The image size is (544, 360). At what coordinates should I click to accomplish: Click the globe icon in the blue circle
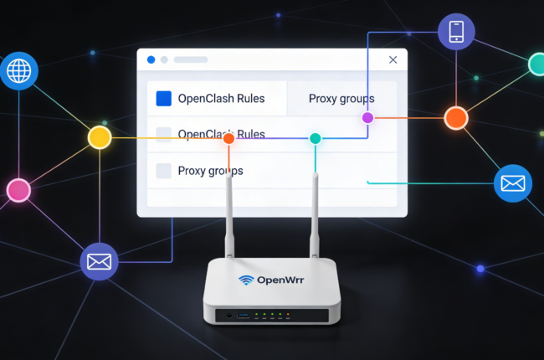(x=18, y=71)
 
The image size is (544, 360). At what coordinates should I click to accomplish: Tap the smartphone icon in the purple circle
(x=456, y=33)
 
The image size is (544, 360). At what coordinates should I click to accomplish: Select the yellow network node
(x=100, y=137)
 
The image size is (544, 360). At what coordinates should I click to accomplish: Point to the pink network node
(x=18, y=191)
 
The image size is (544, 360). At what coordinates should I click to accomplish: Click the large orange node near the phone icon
(x=455, y=117)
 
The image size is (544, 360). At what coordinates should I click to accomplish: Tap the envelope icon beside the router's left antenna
(x=99, y=261)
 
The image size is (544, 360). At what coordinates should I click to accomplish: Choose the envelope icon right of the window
(x=512, y=183)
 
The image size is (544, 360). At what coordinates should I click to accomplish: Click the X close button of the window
(x=393, y=59)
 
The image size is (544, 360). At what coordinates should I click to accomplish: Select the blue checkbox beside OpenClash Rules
(x=163, y=99)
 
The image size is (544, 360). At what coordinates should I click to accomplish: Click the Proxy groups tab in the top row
(x=341, y=99)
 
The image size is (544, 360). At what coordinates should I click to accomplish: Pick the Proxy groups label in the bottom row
(x=211, y=171)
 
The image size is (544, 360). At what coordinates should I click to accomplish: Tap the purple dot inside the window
(x=367, y=118)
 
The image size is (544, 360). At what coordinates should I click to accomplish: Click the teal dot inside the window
(x=316, y=138)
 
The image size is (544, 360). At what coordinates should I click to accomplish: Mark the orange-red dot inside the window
(x=228, y=139)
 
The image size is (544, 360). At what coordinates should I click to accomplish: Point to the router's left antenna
(x=228, y=209)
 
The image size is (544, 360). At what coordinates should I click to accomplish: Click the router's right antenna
(x=316, y=209)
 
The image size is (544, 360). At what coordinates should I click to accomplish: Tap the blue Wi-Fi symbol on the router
(x=246, y=280)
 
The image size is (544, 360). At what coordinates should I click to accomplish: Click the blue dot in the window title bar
(x=151, y=59)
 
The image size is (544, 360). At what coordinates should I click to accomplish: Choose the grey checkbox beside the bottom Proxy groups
(x=163, y=171)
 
